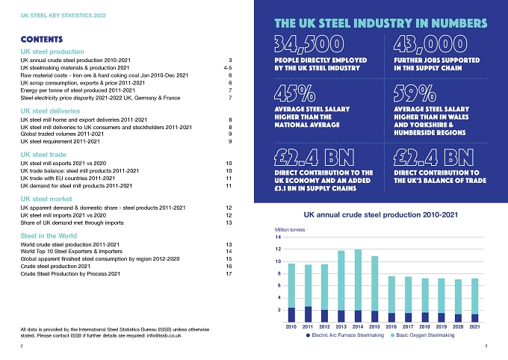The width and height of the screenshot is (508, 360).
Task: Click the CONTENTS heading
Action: click(x=42, y=39)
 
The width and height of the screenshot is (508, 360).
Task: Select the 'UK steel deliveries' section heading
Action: click(x=50, y=111)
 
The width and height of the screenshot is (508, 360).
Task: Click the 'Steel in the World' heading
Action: click(x=49, y=235)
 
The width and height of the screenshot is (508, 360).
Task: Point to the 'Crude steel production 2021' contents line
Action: click(x=55, y=266)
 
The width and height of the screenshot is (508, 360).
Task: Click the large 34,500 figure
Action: click(x=309, y=44)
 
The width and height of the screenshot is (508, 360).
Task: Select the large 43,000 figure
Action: click(x=430, y=44)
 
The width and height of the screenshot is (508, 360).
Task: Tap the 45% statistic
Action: click(x=294, y=93)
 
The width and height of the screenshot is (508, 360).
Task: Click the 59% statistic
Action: click(x=415, y=93)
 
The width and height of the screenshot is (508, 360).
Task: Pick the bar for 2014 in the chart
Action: click(x=358, y=285)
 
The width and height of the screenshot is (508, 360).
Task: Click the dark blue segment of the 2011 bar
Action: click(x=308, y=314)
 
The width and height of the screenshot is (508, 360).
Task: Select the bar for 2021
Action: click(x=474, y=300)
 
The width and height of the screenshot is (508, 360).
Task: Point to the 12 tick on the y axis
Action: click(x=278, y=249)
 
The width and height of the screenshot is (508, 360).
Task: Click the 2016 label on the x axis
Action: click(x=391, y=326)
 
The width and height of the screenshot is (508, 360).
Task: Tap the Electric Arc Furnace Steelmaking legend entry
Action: click(x=345, y=335)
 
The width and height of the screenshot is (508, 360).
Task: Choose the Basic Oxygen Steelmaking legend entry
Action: click(x=423, y=335)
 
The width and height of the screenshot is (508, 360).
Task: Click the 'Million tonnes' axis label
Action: click(x=290, y=229)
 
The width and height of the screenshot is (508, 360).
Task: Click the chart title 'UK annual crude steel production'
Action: click(x=381, y=214)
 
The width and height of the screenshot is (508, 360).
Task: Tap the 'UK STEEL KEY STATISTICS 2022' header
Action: click(x=63, y=15)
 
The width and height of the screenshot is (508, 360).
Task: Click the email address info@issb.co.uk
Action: click(x=164, y=335)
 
